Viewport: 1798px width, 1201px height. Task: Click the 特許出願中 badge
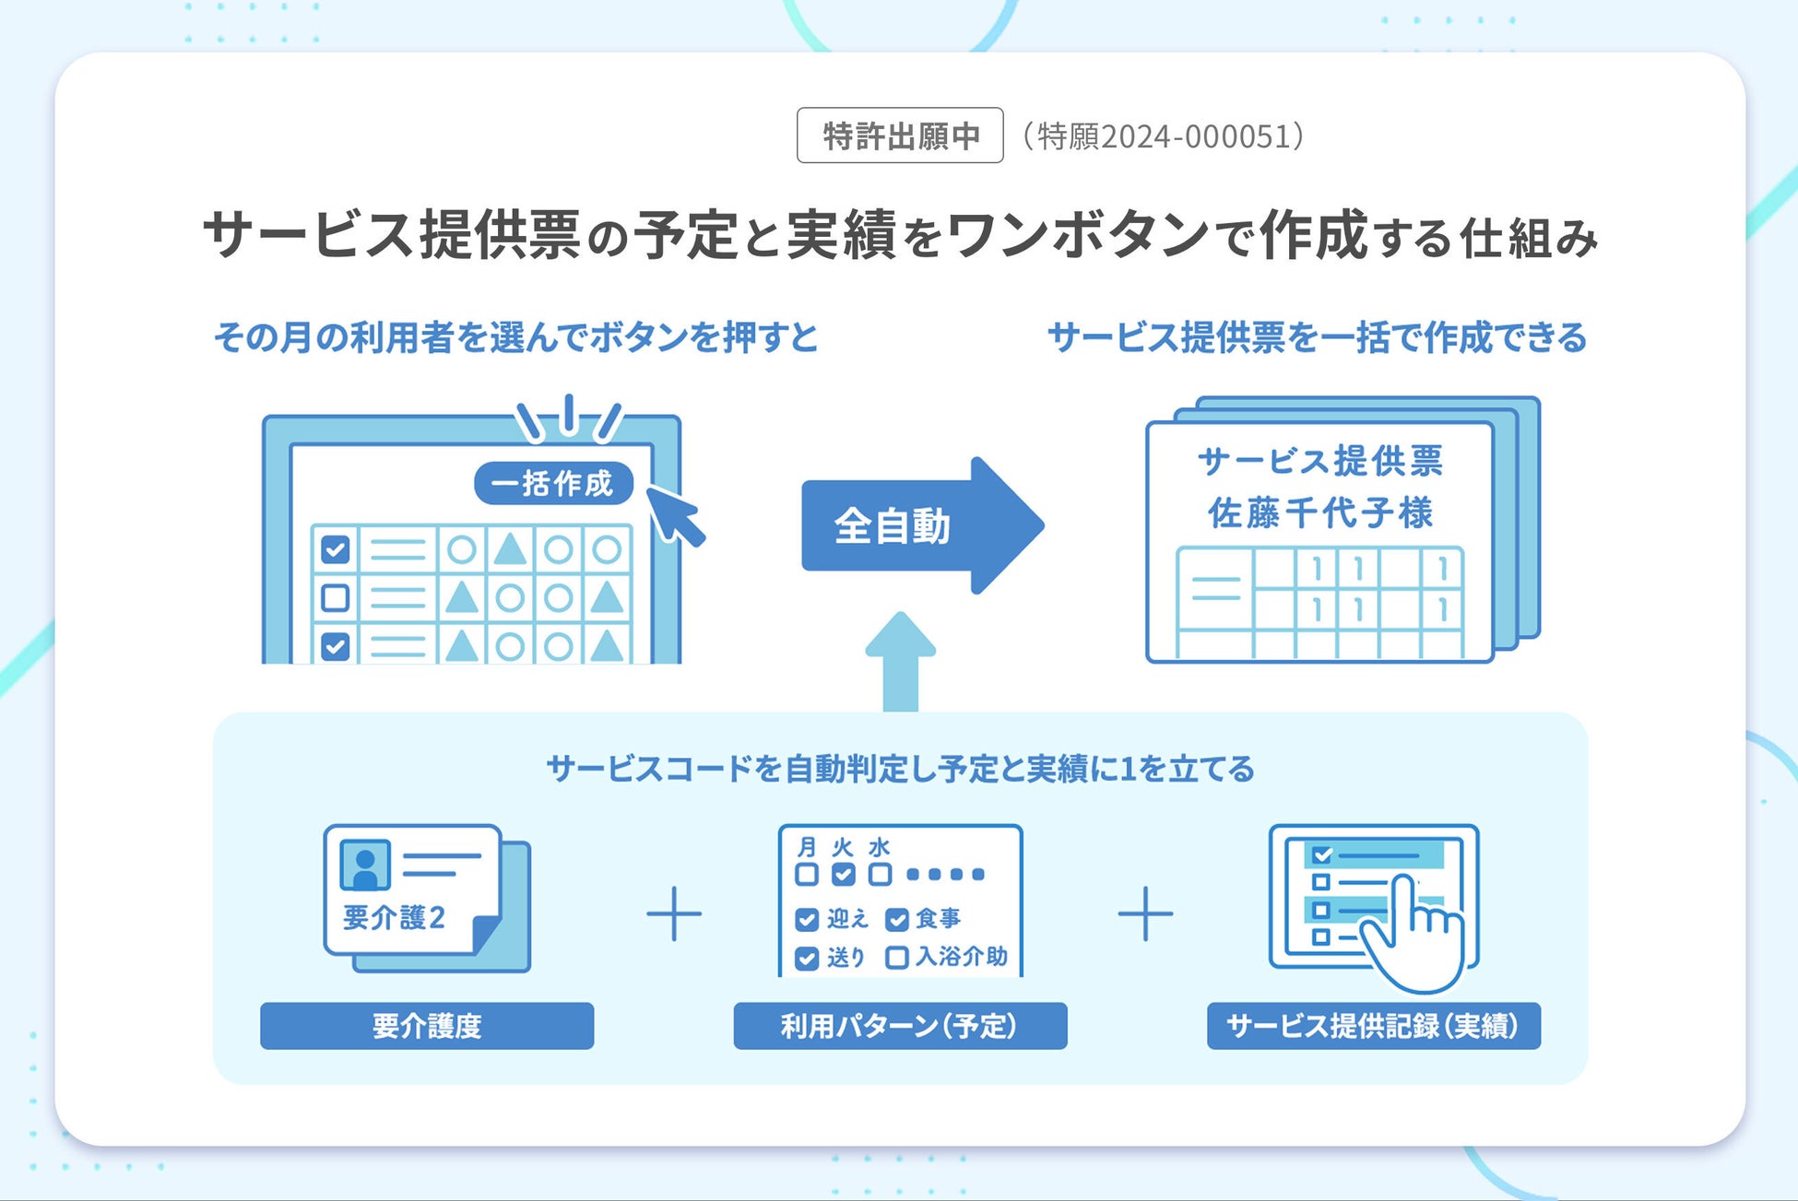click(899, 135)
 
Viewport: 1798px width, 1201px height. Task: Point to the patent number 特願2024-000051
click(1163, 136)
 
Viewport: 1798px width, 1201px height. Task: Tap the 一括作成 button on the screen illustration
click(553, 483)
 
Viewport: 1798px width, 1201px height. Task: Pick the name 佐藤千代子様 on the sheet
click(1320, 512)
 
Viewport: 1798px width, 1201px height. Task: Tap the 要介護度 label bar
click(427, 1025)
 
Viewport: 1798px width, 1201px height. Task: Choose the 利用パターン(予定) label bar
click(900, 1025)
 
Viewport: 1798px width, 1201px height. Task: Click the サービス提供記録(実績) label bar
click(1373, 1025)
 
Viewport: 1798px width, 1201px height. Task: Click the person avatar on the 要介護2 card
click(365, 865)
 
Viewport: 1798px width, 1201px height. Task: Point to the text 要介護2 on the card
click(394, 917)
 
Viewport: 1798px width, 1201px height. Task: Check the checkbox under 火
click(843, 874)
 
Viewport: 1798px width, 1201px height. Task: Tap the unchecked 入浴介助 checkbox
click(896, 958)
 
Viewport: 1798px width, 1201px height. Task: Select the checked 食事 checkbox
click(896, 919)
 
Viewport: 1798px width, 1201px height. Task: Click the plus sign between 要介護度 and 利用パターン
click(674, 913)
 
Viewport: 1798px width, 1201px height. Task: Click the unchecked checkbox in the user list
click(335, 597)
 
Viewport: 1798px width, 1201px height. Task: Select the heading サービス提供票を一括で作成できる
click(1317, 337)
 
